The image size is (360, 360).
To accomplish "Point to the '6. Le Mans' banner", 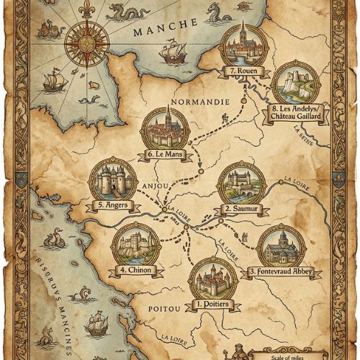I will (164, 153).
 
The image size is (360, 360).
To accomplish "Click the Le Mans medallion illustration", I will (166, 127).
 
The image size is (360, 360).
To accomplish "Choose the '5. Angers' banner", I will (112, 204).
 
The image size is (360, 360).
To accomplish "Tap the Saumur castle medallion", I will (241, 183).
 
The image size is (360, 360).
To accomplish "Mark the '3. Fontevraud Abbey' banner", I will (284, 272).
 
